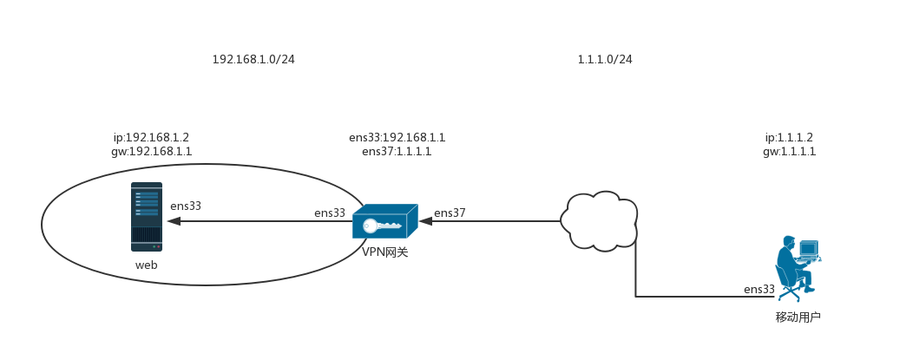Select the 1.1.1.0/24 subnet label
(605, 60)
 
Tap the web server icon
(147, 217)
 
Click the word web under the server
(147, 265)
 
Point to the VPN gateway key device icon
(384, 222)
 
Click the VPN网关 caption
(384, 252)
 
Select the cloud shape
(600, 219)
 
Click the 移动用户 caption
(798, 317)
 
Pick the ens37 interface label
(450, 213)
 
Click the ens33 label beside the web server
(186, 206)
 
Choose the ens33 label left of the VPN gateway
(330, 213)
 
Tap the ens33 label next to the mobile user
(759, 289)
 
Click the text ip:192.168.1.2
(151, 138)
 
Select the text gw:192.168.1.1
(151, 152)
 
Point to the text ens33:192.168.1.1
(397, 138)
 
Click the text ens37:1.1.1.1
(397, 152)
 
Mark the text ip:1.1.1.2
(789, 138)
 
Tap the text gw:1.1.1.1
(789, 152)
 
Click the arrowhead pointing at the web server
(174, 221)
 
